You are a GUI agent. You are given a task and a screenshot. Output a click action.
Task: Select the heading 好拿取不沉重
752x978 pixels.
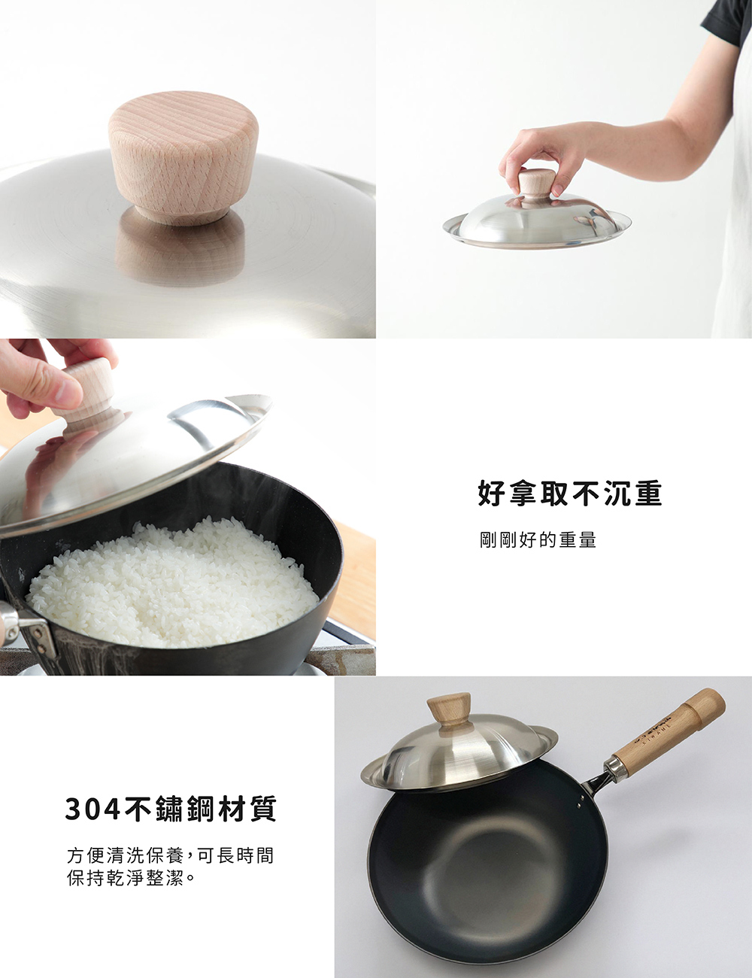(569, 494)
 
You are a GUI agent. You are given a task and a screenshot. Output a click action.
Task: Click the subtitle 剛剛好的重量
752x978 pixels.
(538, 540)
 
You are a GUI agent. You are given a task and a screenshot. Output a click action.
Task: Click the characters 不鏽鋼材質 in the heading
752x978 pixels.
(202, 809)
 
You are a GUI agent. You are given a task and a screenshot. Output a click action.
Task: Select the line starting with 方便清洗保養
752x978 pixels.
(170, 855)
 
